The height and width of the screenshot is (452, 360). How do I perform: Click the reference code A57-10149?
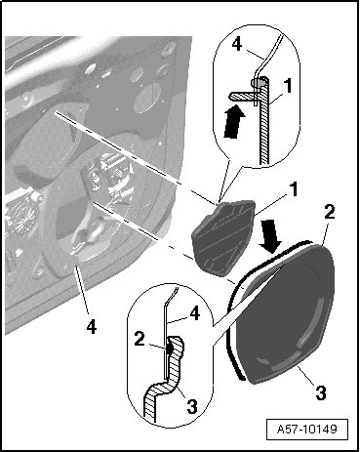pos(306,429)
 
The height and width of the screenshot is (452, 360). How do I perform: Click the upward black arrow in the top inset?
pos(235,121)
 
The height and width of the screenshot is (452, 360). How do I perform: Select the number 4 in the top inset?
pos(237,44)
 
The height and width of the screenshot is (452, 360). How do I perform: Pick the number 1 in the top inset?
pos(287,86)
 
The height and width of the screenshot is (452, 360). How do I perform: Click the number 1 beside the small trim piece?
pos(293,189)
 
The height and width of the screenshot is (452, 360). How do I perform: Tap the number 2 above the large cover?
pos(329,213)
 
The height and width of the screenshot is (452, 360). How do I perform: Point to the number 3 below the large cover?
pos(321,392)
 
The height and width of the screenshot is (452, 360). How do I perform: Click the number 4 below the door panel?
pos(92,327)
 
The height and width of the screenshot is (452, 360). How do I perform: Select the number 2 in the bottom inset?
pos(140,340)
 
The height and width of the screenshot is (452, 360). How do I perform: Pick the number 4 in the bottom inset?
pos(194,314)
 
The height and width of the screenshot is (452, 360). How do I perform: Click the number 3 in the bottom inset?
pos(191,406)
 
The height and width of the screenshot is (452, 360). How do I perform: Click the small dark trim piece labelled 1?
pos(222,237)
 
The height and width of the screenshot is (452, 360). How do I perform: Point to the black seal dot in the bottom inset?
pos(170,349)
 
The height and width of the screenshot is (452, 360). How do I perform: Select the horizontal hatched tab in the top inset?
pos(241,96)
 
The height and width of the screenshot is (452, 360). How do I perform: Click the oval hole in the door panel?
pos(146,97)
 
